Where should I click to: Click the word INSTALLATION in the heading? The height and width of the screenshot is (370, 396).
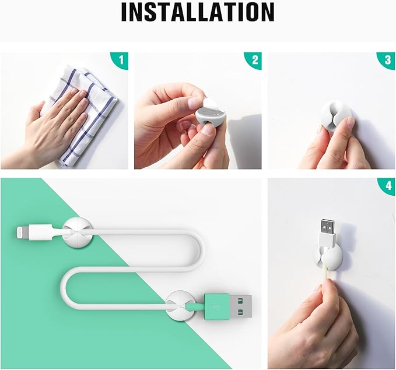[x=198, y=13]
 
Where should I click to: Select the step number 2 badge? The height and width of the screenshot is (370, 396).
[x=255, y=59]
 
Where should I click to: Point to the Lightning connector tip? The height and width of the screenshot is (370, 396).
[x=22, y=233]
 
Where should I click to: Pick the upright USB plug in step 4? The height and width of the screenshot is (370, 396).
[x=326, y=231]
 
